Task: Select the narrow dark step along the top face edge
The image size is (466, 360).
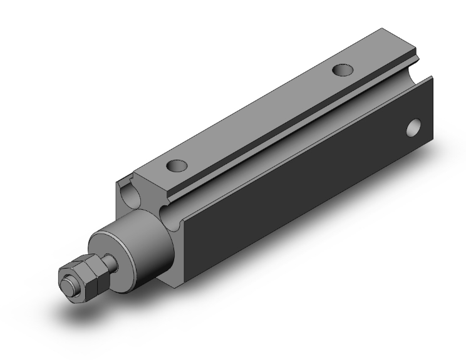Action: coord(282,129)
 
